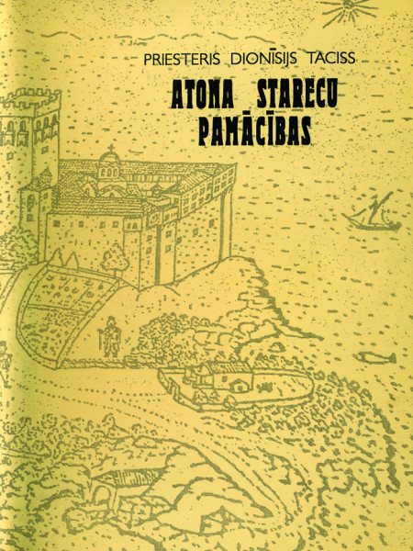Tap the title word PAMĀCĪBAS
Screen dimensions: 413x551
pos(254,129)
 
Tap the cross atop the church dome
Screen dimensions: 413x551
pos(113,148)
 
